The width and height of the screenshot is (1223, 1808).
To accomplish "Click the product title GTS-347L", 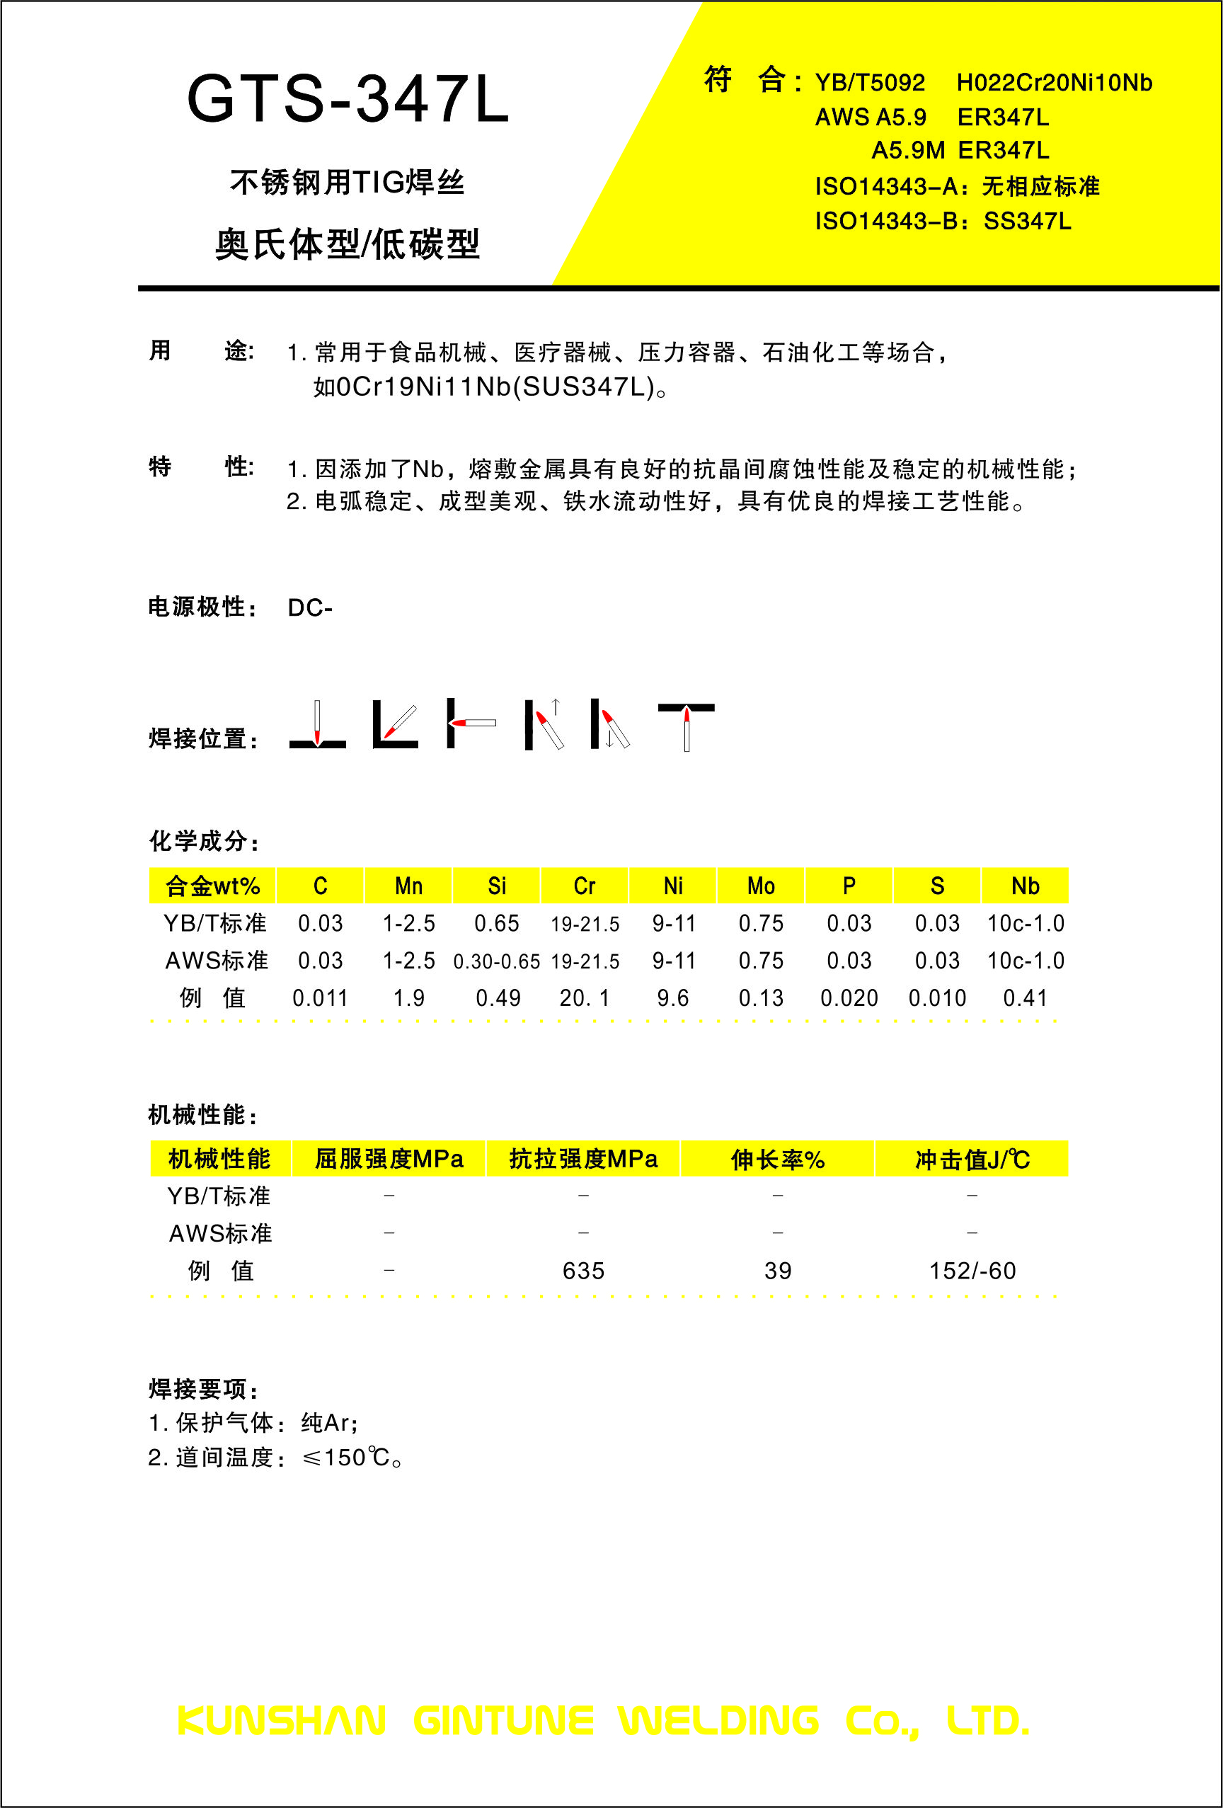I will coord(348,100).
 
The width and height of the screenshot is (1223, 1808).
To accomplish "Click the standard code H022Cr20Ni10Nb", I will coord(1053,82).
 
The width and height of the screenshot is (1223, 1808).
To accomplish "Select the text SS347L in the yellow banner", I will coord(1027,222).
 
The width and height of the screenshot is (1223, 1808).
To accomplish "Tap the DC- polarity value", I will coord(309,607).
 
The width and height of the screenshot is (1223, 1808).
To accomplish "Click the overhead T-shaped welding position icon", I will coord(687,725).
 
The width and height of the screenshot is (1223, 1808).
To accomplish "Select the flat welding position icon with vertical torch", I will coord(317,725).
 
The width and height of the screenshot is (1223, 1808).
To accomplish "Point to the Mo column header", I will coord(761,886).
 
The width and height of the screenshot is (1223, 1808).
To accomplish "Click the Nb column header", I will coord(1025,886).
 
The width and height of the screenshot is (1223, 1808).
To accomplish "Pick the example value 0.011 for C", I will coord(320,998).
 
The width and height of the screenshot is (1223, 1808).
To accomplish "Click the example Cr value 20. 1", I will coord(585,998).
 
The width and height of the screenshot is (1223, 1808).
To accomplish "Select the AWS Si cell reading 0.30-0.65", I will coord(496,961).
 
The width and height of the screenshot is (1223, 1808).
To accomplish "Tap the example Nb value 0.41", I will coord(1025,998).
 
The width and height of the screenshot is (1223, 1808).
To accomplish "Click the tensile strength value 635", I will coord(583,1271).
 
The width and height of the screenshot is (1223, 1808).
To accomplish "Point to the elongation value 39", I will coord(777,1271).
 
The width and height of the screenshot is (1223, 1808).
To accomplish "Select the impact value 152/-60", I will coord(972,1271).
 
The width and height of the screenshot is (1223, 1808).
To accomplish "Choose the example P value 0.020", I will coord(849,998).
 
